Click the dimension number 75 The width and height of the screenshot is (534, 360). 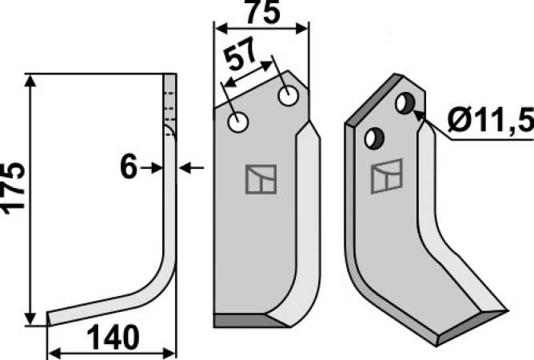(262, 12)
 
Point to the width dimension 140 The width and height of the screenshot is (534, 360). (113, 337)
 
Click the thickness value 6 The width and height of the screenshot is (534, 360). (129, 166)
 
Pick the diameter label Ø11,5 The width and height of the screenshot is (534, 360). (491, 120)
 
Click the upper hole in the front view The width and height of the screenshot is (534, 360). (289, 96)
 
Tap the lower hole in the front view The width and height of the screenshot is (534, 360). (238, 122)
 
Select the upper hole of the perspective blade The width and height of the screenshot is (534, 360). (405, 103)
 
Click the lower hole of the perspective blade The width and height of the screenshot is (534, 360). (374, 138)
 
